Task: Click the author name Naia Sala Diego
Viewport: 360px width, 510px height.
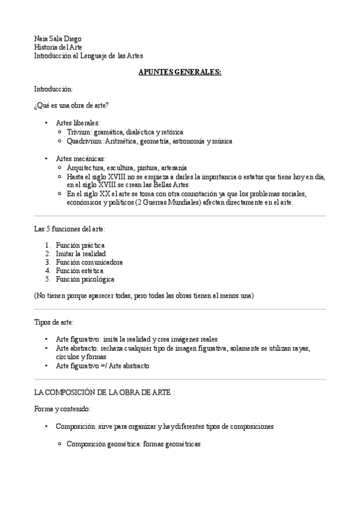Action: click(58, 39)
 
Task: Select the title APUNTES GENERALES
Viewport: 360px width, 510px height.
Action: click(180, 72)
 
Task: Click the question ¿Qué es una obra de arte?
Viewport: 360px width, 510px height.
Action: click(72, 106)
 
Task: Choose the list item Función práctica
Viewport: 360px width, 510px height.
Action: click(80, 245)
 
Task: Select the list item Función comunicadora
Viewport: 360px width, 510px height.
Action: click(89, 262)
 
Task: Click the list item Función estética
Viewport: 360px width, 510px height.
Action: click(79, 271)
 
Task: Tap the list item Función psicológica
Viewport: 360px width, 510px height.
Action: click(85, 279)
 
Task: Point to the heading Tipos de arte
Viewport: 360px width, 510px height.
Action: click(54, 322)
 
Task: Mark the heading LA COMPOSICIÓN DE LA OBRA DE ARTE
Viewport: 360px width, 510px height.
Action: click(103, 392)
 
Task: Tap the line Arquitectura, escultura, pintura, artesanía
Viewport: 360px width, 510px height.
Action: click(127, 167)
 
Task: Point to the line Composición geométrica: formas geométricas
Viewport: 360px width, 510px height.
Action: click(133, 444)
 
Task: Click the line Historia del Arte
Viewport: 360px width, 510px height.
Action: click(58, 48)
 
